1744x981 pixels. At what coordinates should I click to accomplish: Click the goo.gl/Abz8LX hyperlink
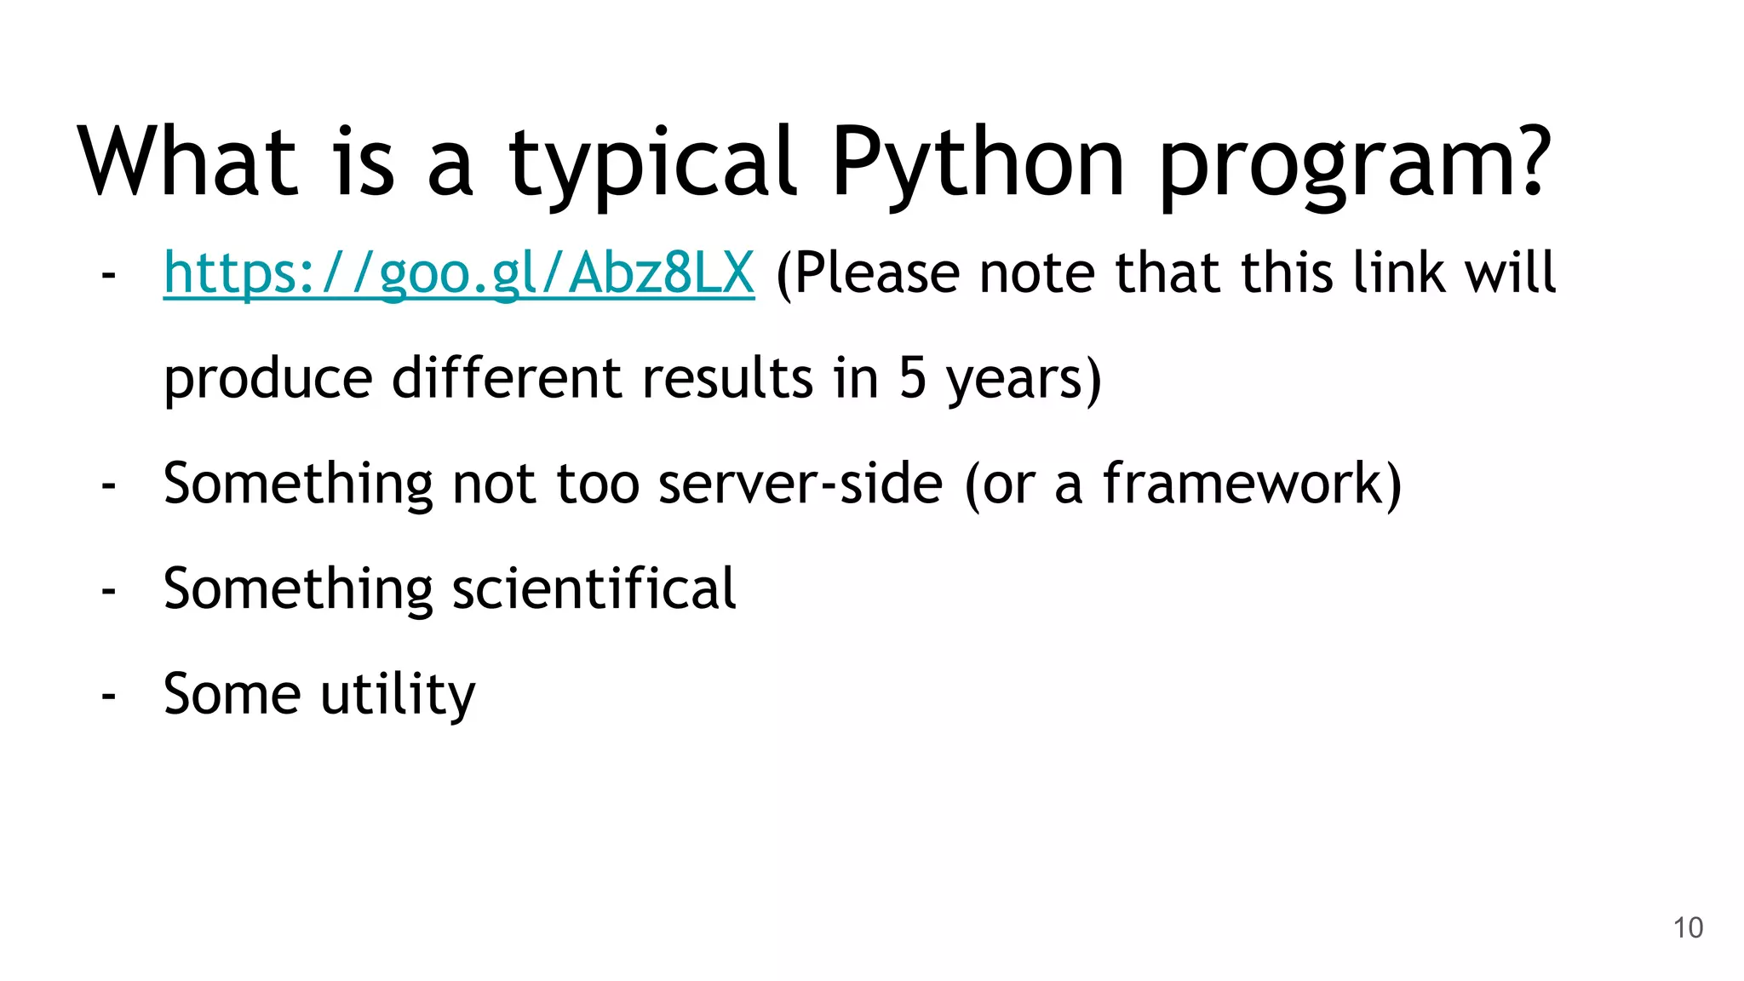[458, 273]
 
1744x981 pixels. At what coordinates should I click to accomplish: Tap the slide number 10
[1688, 927]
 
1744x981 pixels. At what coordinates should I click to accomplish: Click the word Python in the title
[978, 162]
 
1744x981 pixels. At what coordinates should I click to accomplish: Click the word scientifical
[594, 588]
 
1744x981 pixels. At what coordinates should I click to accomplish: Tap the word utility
[398, 694]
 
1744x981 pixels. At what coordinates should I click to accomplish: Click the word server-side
[800, 484]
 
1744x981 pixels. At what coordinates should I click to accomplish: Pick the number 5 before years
[912, 378]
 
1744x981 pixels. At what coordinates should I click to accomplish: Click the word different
[507, 378]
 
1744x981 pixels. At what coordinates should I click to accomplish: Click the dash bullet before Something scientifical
[108, 590]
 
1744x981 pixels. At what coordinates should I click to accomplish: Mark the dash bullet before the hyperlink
[108, 275]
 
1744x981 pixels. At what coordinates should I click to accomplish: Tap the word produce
[267, 380]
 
